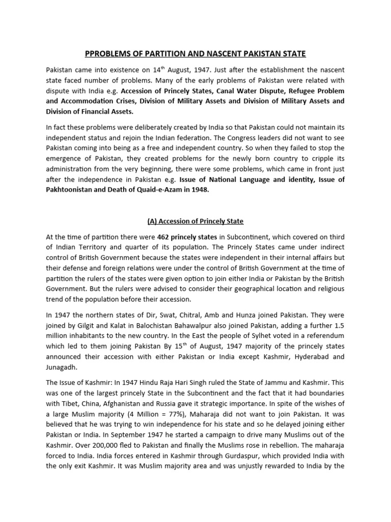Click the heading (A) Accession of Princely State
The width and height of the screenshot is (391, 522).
coord(195,221)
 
